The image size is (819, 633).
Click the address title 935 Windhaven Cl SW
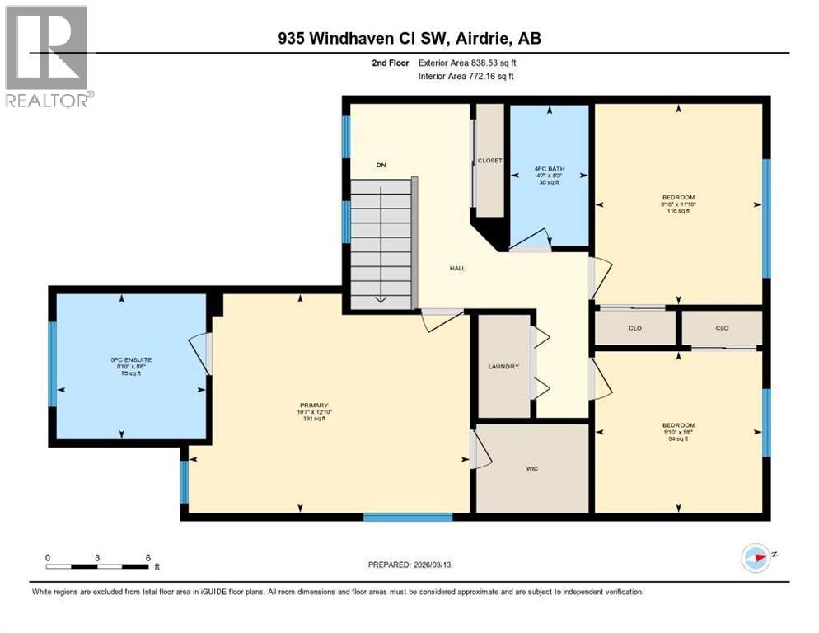(409, 38)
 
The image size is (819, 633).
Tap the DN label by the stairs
(381, 166)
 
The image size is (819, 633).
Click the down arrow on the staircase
(381, 298)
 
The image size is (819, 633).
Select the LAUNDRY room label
(503, 366)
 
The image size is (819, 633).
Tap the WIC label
(532, 468)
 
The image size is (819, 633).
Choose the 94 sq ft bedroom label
(678, 433)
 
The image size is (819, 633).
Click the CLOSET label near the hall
(489, 162)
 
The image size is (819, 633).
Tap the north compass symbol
(756, 558)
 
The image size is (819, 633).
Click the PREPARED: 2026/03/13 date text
(409, 565)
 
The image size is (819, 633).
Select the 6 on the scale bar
(147, 557)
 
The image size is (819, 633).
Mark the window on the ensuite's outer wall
(52, 363)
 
